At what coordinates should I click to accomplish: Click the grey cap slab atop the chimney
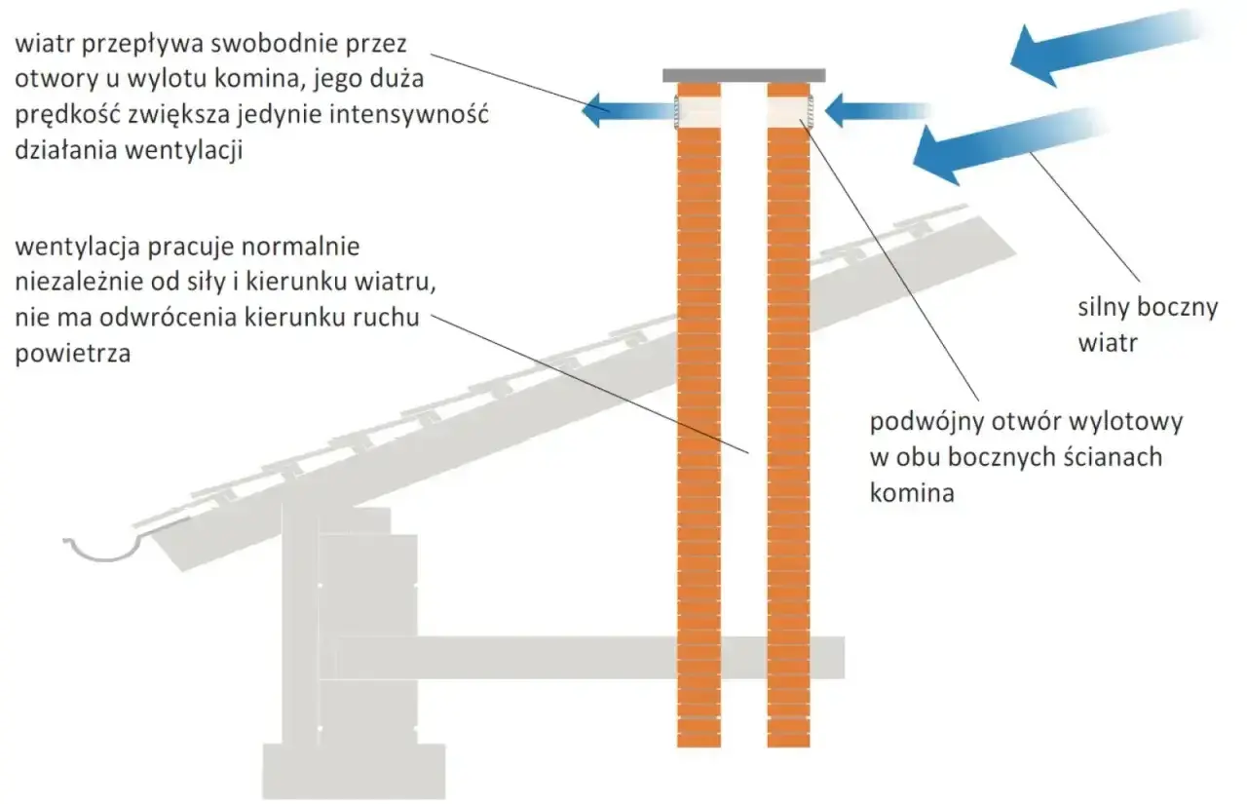[743, 76]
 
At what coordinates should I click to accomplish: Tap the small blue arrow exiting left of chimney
[629, 110]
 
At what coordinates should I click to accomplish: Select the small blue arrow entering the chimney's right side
[877, 110]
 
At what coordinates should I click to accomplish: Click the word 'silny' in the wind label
[1101, 307]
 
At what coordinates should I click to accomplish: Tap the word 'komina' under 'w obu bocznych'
[912, 493]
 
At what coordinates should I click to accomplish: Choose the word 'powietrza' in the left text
[73, 354]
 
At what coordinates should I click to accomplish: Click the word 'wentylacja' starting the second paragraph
[77, 248]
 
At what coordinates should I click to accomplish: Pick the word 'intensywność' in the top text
[409, 115]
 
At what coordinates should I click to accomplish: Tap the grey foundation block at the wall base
[354, 772]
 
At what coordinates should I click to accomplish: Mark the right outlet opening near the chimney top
[789, 111]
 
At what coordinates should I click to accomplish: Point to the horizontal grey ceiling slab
[590, 658]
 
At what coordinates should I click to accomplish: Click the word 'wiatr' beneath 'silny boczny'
[1108, 343]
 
